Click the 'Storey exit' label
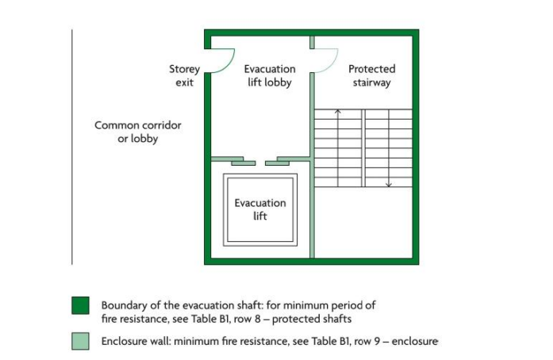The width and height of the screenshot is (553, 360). pyautogui.click(x=184, y=75)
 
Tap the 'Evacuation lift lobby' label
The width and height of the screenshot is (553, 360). pyautogui.click(x=269, y=75)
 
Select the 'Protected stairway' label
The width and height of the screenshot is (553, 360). pyautogui.click(x=371, y=75)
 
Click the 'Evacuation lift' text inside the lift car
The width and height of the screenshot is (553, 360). pyautogui.click(x=260, y=209)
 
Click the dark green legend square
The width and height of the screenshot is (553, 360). pyautogui.click(x=80, y=306)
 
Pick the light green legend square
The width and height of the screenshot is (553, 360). pyautogui.click(x=80, y=342)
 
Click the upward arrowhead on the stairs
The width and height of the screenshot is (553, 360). pyautogui.click(x=337, y=112)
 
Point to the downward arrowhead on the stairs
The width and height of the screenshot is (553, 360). pyautogui.click(x=389, y=185)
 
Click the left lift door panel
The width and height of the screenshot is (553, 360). pyautogui.click(x=244, y=163)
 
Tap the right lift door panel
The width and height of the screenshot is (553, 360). pyautogui.click(x=277, y=163)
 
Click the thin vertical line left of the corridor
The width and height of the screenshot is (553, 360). pyautogui.click(x=72, y=147)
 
